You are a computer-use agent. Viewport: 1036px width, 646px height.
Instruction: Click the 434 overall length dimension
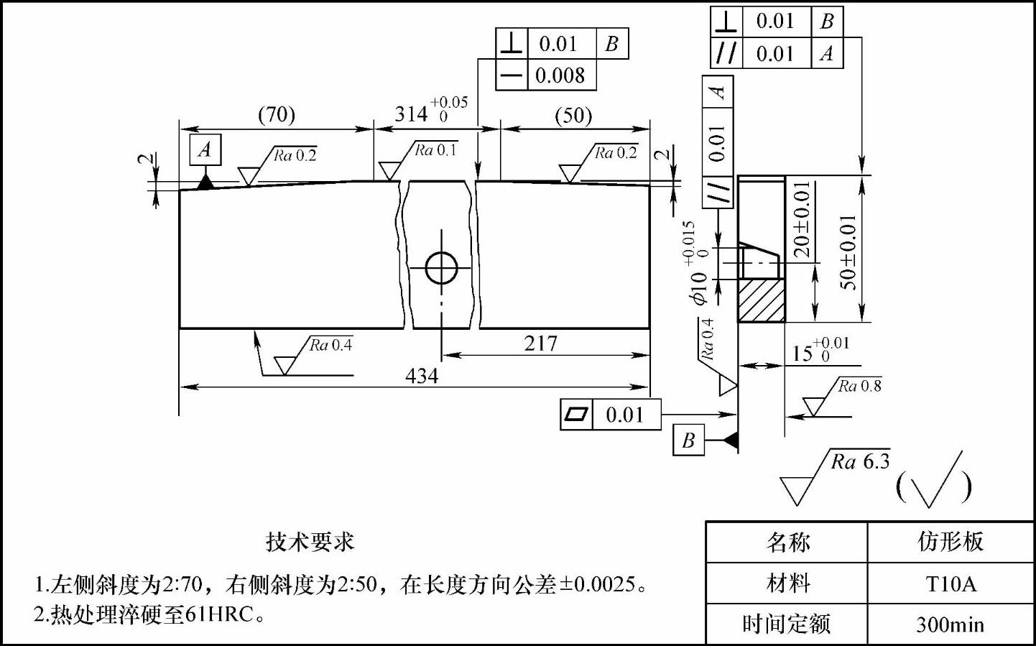(422, 376)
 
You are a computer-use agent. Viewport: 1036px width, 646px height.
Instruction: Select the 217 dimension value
(540, 343)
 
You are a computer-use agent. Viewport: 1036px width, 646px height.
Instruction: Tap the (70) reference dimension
(277, 115)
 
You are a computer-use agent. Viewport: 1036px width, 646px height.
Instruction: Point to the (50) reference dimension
(573, 116)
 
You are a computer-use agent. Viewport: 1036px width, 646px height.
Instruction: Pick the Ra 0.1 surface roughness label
(435, 150)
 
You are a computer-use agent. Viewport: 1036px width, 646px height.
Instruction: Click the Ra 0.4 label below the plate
(330, 346)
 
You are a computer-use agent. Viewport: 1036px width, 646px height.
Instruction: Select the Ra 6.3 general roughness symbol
(859, 462)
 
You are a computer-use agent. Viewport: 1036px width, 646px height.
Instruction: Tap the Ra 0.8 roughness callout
(859, 387)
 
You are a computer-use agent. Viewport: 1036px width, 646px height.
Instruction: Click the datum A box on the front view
(205, 149)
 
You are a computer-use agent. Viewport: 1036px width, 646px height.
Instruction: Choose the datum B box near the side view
(688, 440)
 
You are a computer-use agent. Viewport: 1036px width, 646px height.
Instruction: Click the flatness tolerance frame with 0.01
(610, 415)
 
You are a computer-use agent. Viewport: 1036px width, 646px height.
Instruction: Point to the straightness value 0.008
(560, 75)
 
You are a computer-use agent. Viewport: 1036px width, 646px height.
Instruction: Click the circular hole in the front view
(441, 267)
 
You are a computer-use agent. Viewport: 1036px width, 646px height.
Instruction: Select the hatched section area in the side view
(761, 300)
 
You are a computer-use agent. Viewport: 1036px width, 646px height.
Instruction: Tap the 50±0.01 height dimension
(848, 251)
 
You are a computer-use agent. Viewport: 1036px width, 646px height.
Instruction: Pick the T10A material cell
(951, 583)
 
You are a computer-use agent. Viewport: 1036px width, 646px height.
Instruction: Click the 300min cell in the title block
(951, 624)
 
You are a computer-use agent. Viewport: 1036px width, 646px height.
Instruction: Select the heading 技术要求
(310, 541)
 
